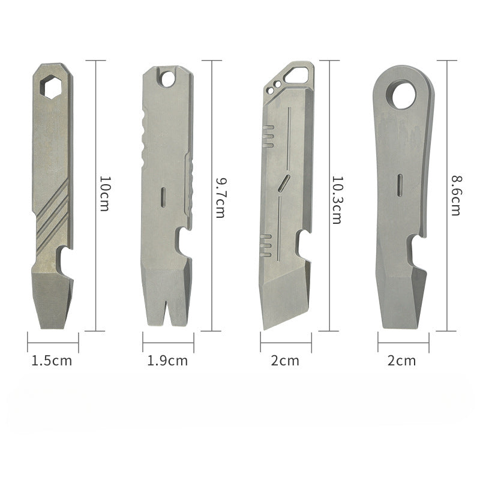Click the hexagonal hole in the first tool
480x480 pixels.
tap(51, 87)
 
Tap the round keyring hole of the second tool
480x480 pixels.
tap(167, 79)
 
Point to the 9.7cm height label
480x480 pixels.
tap(220, 197)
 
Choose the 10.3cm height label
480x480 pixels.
tap(337, 200)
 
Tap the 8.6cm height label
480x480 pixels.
tap(455, 196)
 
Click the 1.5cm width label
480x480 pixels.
tap(52, 361)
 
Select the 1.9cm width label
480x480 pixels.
tap(167, 361)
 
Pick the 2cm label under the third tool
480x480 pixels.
tap(285, 361)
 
